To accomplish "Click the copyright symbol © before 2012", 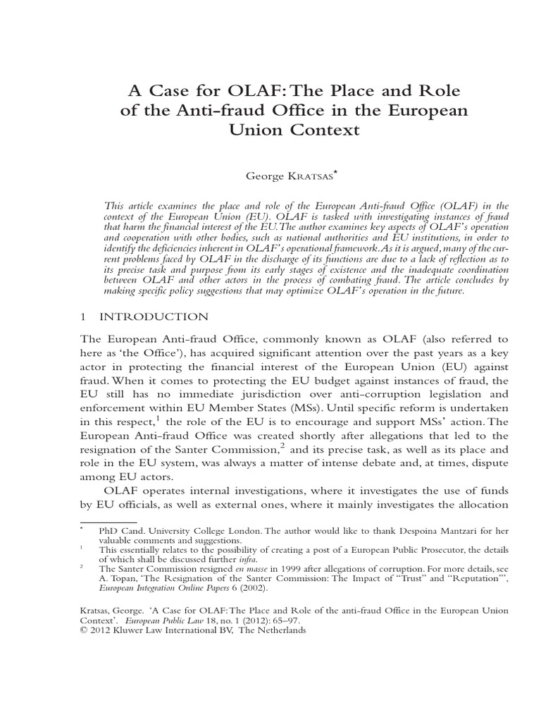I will coord(83,631).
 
